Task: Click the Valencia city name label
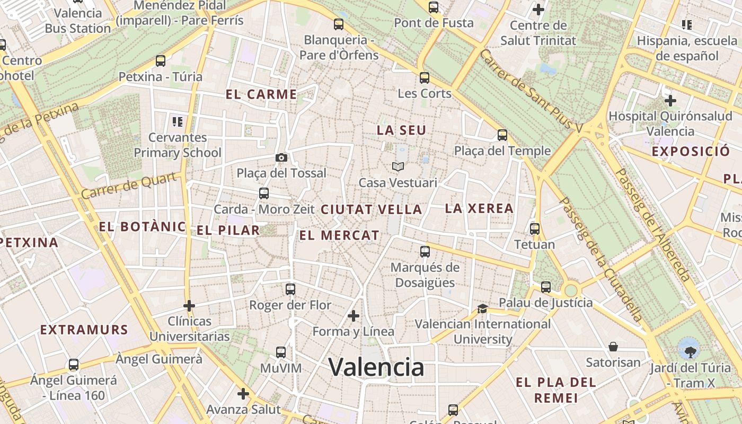pos(376,367)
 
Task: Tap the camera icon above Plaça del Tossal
pos(281,157)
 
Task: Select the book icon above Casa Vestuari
pos(398,167)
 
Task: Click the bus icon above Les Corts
pos(424,78)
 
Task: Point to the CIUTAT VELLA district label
pos(371,209)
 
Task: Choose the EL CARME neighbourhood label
pos(261,95)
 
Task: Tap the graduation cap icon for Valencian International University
pos(482,308)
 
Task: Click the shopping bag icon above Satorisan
pos(613,347)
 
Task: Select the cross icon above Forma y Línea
pos(354,316)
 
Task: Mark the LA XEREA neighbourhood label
pos(479,208)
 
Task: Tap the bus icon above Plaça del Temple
pos(502,135)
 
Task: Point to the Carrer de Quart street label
pos(128,186)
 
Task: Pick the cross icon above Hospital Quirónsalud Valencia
pos(670,100)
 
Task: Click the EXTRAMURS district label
pos(84,330)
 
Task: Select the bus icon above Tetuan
pos(535,229)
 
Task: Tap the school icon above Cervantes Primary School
pos(178,122)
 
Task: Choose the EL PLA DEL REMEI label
pos(555,390)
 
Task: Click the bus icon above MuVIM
pos(281,352)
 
